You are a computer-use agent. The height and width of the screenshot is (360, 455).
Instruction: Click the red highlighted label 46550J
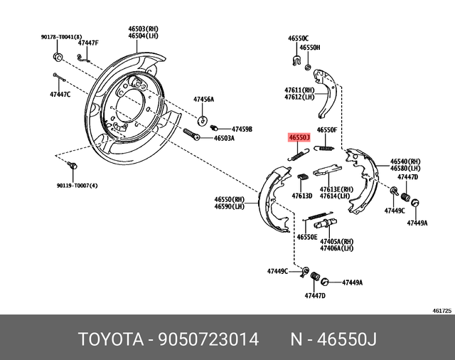point(299,137)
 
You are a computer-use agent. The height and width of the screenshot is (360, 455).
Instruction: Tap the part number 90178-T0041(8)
point(61,37)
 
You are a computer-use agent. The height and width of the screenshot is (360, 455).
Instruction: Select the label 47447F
point(88,43)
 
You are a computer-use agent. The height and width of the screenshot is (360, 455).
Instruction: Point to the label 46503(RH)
point(142,28)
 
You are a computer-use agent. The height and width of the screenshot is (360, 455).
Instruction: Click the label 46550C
point(299,37)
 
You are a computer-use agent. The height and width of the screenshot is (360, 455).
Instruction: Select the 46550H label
point(310,48)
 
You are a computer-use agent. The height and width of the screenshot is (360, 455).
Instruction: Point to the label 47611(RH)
point(299,90)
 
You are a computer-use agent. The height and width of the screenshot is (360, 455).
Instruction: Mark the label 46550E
point(308,236)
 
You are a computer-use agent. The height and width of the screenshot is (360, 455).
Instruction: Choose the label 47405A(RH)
point(337,242)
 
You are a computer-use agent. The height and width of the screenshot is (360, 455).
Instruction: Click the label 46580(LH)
point(405,169)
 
